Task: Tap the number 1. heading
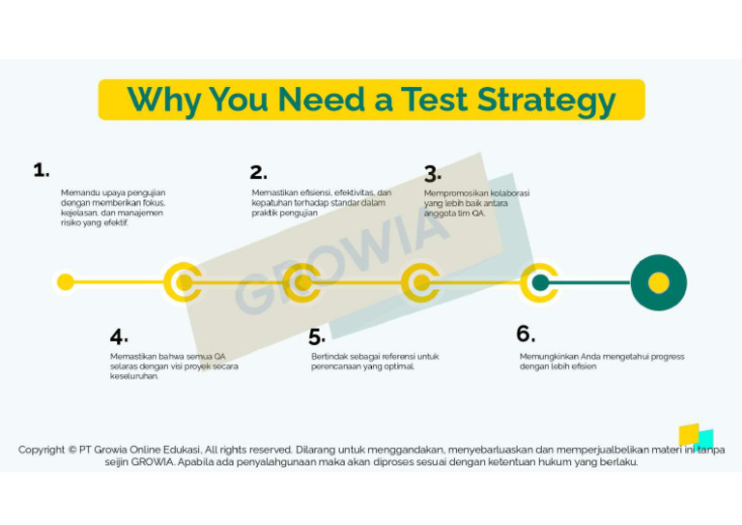41,170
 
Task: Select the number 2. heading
258,172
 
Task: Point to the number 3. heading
432,174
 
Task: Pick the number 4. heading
119,336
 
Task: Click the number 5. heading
317,337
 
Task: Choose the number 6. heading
525,334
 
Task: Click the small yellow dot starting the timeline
66,282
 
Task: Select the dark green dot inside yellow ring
540,282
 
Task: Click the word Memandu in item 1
78,192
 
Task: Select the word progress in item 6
665,356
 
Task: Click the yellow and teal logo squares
696,436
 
